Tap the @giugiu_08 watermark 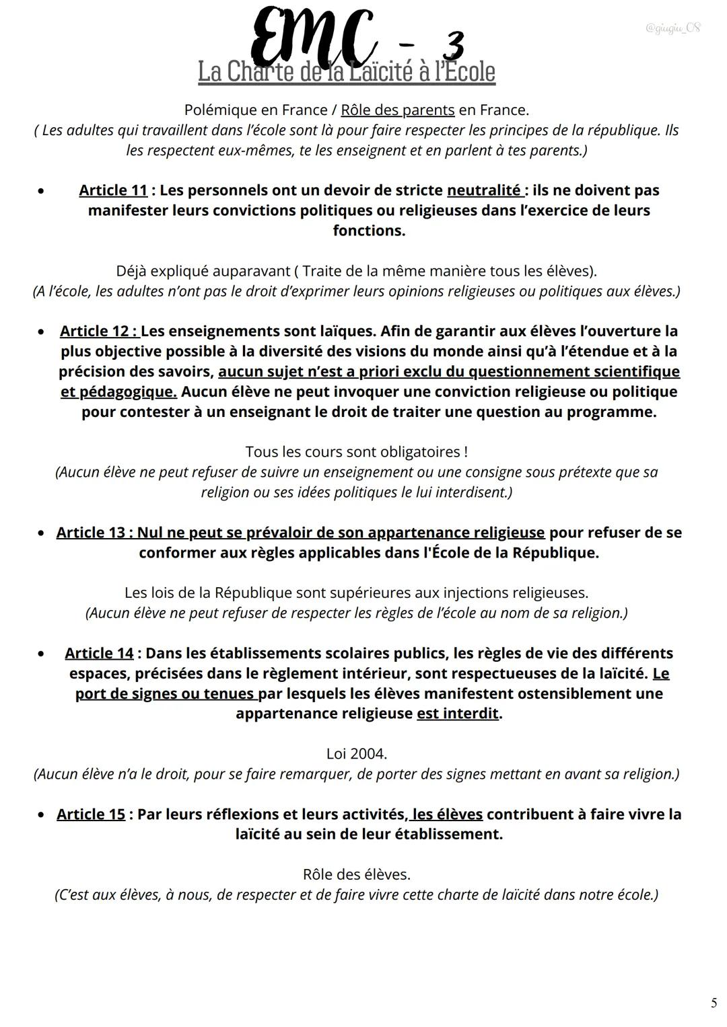click(x=672, y=28)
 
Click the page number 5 click(x=714, y=1003)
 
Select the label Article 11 click(x=113, y=190)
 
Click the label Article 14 click(x=99, y=653)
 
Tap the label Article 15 click(x=91, y=814)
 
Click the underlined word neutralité click(x=483, y=190)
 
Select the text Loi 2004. click(x=357, y=754)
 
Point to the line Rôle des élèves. click(x=357, y=874)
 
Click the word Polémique click(x=221, y=110)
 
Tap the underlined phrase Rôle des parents click(x=398, y=110)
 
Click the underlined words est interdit click(x=458, y=714)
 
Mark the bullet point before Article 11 click(x=42, y=191)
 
